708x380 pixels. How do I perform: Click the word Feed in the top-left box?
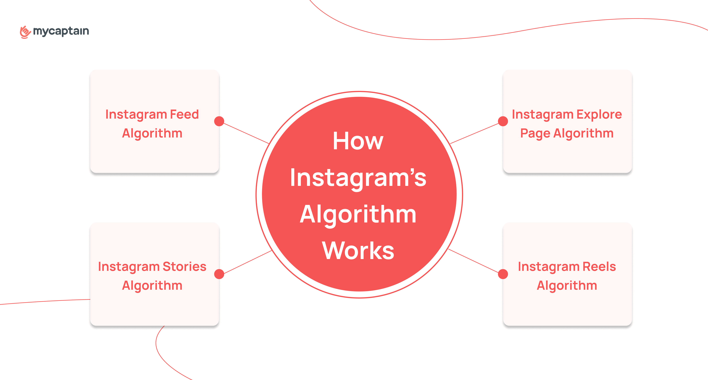[184, 114]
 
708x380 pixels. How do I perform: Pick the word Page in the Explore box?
[535, 134]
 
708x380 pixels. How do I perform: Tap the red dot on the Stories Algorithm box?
[219, 274]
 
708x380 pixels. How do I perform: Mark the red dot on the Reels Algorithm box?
[503, 274]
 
